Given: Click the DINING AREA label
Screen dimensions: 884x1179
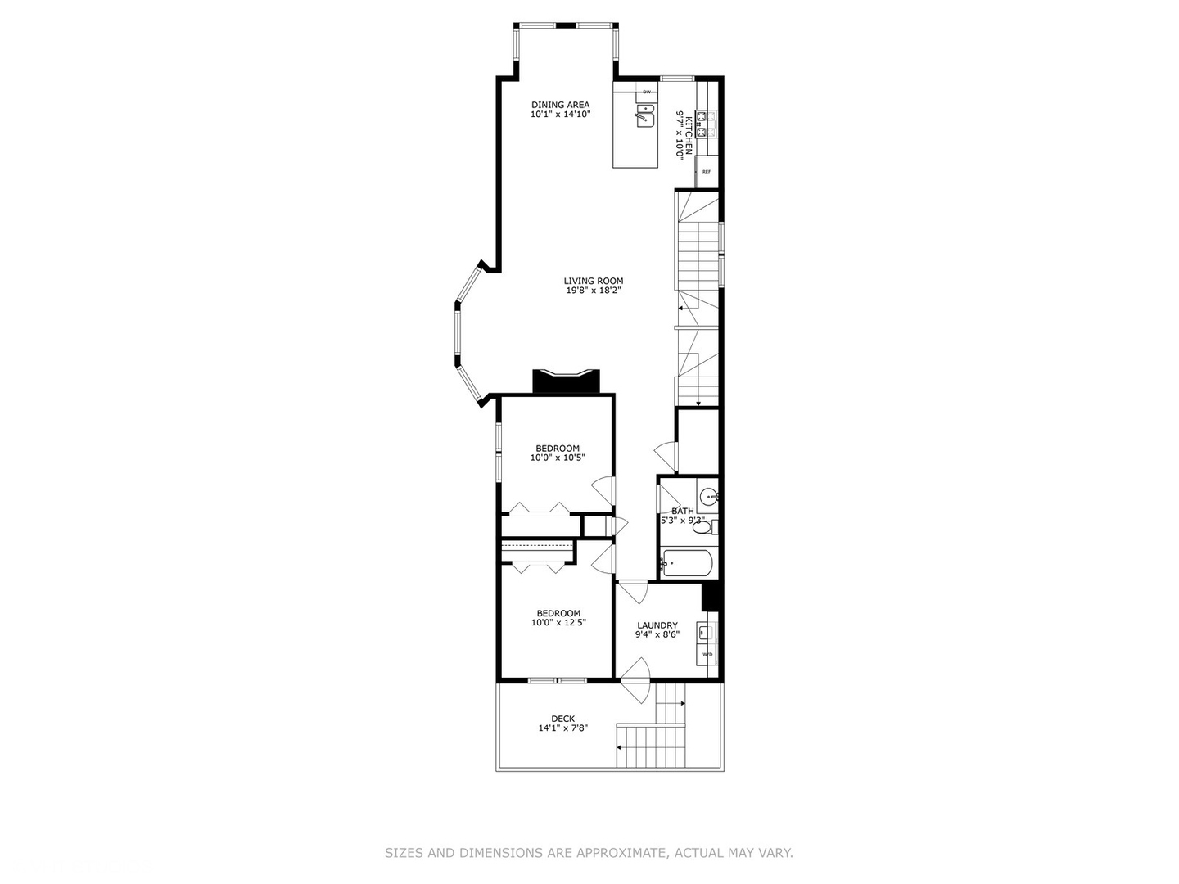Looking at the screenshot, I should [x=560, y=105].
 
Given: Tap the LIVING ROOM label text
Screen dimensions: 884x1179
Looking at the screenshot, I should [x=593, y=281].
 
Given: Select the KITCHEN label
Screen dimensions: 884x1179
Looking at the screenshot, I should [x=689, y=134].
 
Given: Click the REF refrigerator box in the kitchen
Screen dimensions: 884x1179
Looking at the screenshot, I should [x=706, y=172].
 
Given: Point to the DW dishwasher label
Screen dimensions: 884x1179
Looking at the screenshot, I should [x=646, y=92].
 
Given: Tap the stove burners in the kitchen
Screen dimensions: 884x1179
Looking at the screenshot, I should [x=707, y=124].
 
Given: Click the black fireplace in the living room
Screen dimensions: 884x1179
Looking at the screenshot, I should [x=566, y=382].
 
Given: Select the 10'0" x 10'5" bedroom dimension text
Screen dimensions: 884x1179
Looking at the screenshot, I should [x=558, y=458].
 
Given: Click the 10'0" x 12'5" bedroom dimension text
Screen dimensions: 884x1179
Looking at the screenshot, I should [x=558, y=623].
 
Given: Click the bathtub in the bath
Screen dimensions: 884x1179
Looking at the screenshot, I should [x=687, y=563].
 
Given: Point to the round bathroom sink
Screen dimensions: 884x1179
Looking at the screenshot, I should [x=709, y=495].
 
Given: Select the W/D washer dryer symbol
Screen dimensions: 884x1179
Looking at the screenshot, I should [x=707, y=655].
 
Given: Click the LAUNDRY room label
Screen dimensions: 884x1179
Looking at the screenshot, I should [x=657, y=625].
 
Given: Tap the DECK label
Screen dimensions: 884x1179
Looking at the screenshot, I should [x=562, y=719].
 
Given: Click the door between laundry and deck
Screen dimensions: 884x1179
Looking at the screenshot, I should [x=635, y=681].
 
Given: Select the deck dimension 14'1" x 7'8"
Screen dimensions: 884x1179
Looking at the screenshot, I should [x=562, y=728].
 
